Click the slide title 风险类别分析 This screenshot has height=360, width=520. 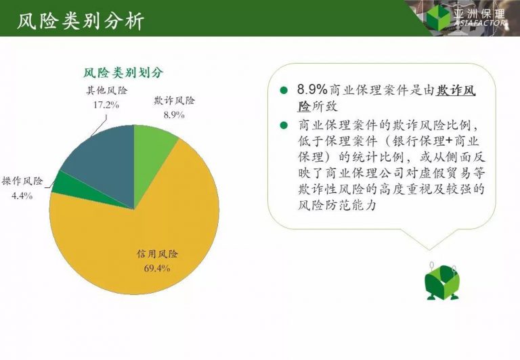(81, 22)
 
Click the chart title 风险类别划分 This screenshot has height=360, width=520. (123, 72)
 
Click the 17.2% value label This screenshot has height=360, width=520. (106, 105)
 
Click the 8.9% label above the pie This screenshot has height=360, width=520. (174, 115)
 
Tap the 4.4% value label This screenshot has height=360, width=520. (22, 196)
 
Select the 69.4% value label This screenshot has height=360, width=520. (157, 268)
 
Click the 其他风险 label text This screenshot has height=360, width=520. (107, 91)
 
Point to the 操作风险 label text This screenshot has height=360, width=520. (22, 181)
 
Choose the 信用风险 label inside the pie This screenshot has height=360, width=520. (157, 254)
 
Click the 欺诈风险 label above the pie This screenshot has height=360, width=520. (175, 100)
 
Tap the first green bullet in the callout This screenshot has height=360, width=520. (283, 90)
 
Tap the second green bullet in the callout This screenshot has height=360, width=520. (283, 125)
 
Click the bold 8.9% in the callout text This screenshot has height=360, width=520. (312, 89)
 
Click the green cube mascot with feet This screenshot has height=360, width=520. (442, 282)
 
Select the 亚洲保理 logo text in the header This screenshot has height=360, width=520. (479, 14)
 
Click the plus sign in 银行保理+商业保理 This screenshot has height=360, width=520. (449, 141)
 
